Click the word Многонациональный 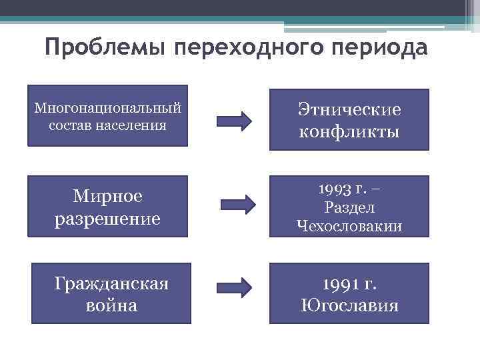click(108, 107)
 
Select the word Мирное click(107, 197)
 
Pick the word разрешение click(107, 219)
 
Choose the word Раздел click(349, 207)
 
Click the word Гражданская click(111, 283)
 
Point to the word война click(111, 305)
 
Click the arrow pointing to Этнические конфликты click(235, 121)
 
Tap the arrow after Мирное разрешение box click(238, 203)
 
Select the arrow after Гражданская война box click(235, 287)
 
